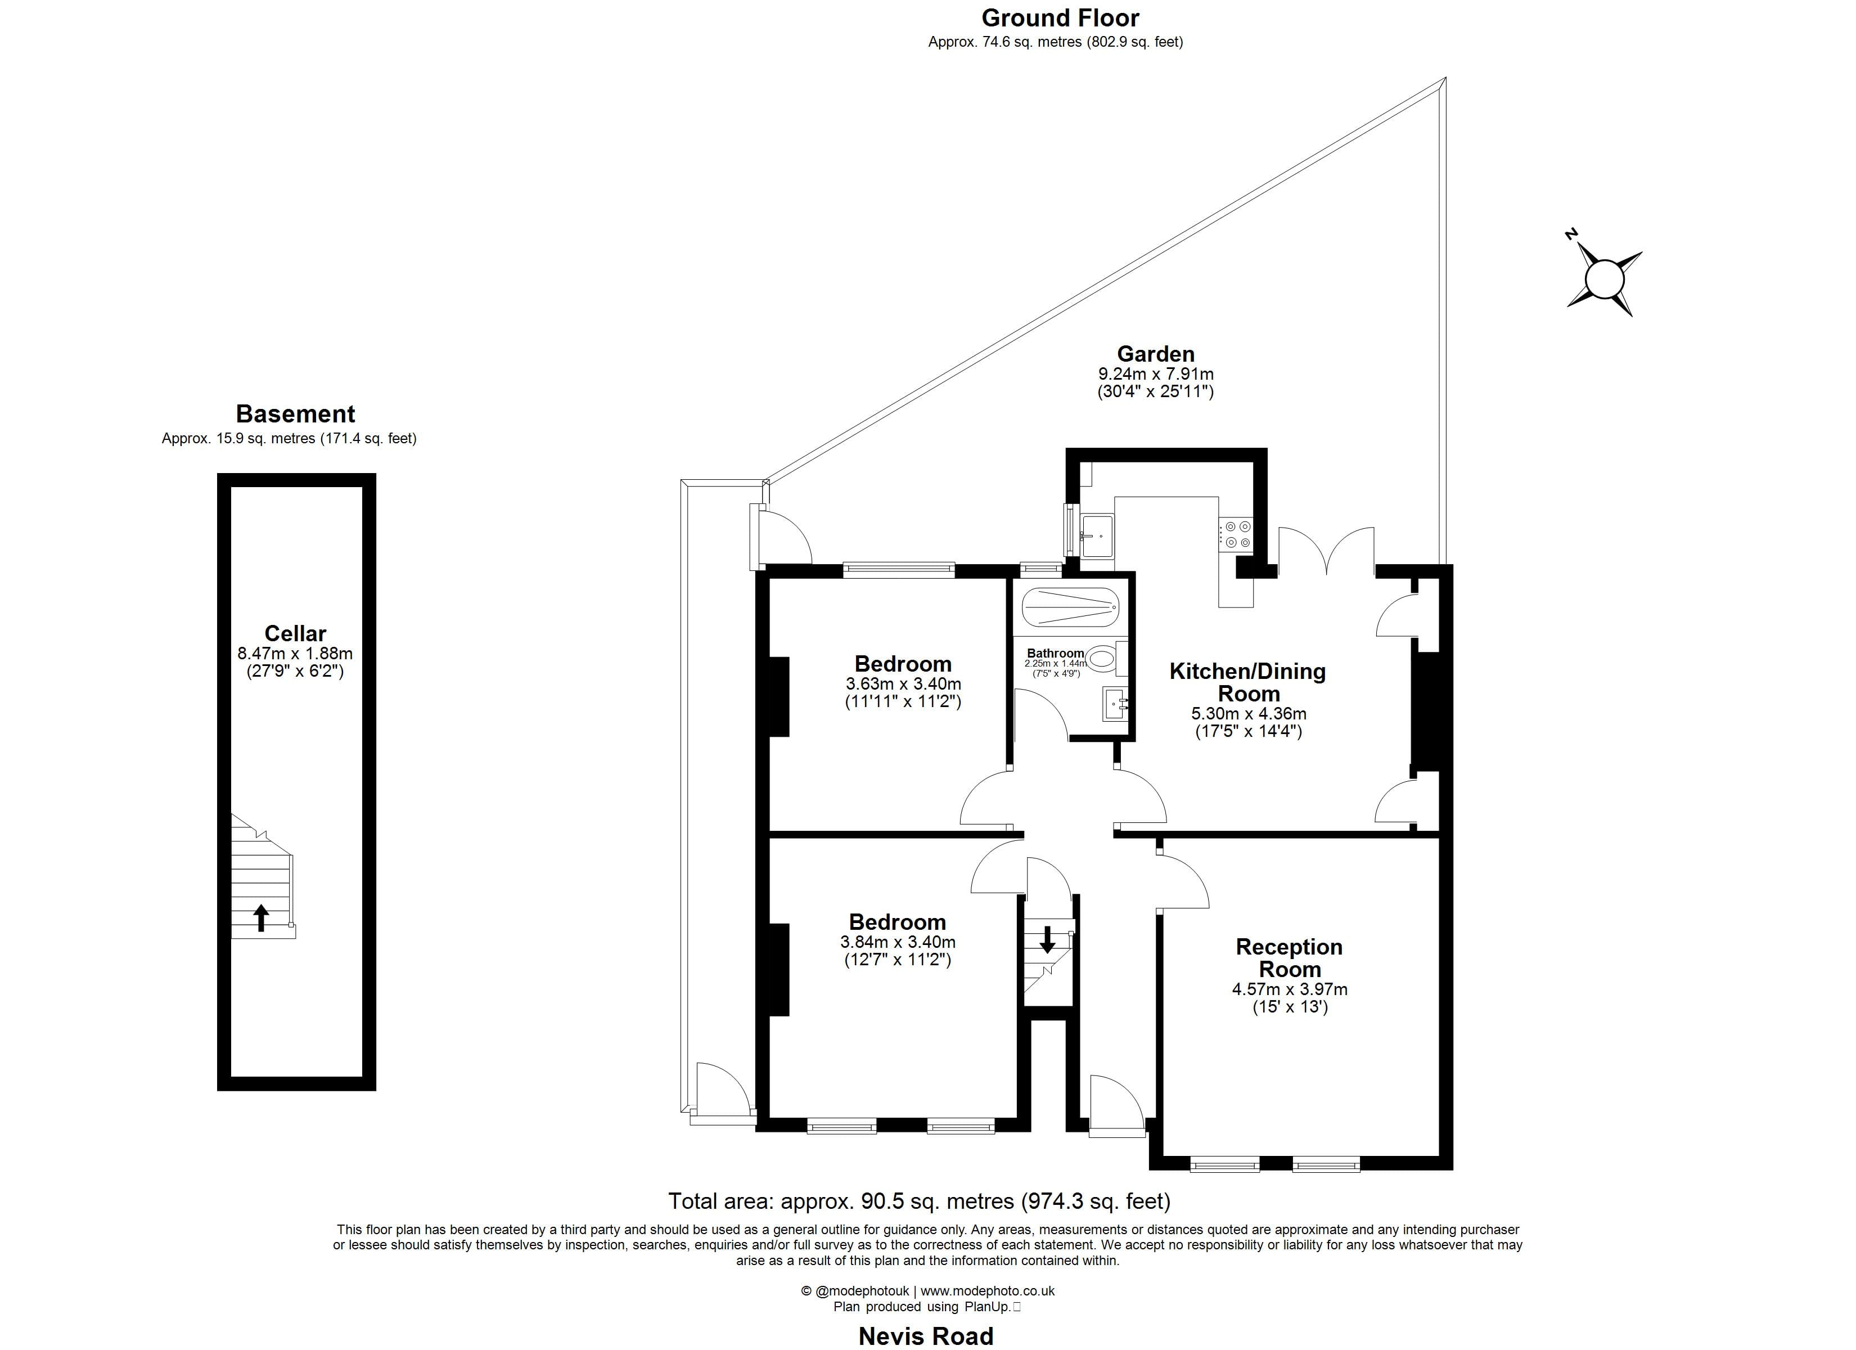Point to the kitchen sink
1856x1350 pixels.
[x=1097, y=535]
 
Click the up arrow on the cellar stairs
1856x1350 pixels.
[x=261, y=917]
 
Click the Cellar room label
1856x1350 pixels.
[x=295, y=633]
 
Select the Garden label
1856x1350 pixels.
[x=1155, y=354]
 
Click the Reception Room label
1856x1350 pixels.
[x=1289, y=958]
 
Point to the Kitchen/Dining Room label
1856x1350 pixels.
[x=1247, y=682]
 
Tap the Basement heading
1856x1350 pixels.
[x=295, y=413]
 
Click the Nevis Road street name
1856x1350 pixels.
[x=926, y=1335]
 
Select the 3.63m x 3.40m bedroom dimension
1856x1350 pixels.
[x=903, y=683]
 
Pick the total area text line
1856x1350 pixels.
[x=919, y=1201]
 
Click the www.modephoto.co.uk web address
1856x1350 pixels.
[x=988, y=1291]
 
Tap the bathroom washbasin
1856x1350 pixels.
[x=1115, y=703]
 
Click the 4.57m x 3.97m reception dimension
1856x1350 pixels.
[x=1290, y=989]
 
